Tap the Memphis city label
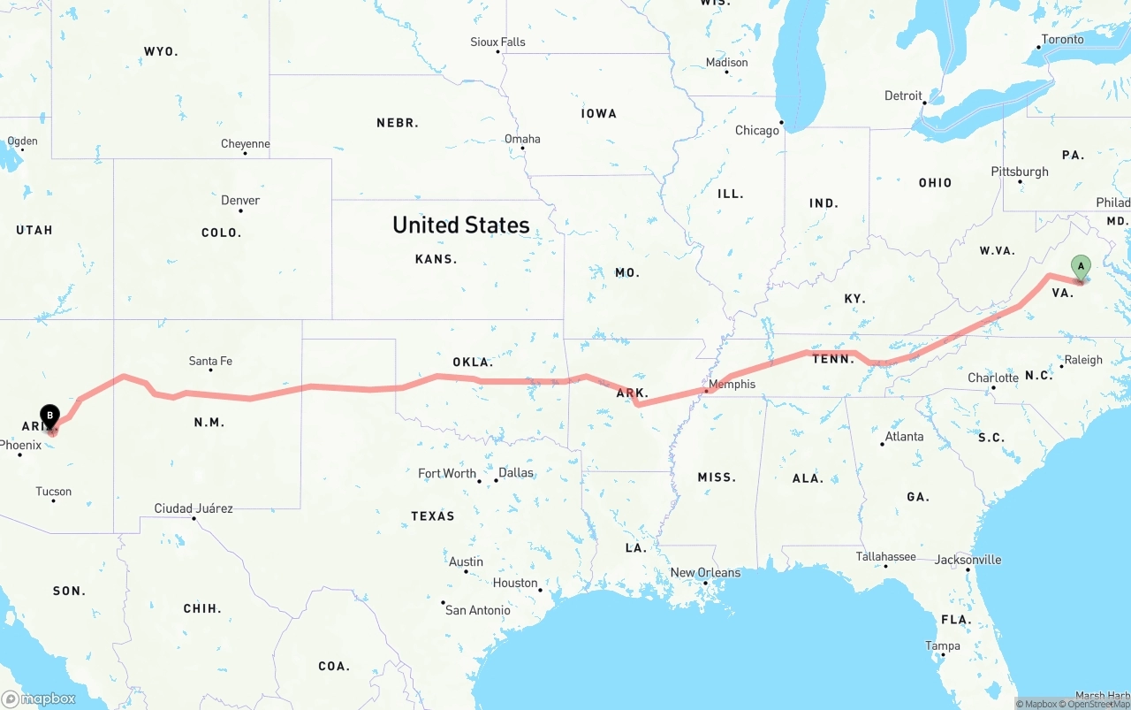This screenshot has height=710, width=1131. click(732, 384)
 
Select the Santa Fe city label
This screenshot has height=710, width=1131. click(210, 361)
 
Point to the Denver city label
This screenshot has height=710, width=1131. click(240, 200)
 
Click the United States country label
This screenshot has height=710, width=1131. click(461, 225)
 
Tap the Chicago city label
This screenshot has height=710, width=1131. click(757, 130)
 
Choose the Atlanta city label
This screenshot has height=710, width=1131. click(904, 436)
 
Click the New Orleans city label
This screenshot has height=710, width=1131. click(707, 572)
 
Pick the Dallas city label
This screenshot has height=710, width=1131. click(516, 472)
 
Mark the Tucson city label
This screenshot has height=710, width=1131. click(54, 492)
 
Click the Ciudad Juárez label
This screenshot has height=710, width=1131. click(194, 508)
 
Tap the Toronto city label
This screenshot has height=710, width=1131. click(1062, 39)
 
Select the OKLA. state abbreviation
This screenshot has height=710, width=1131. click(473, 362)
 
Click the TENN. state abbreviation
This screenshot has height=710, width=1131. click(833, 358)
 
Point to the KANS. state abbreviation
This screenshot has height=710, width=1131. click(436, 259)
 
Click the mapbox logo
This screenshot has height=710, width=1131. click(39, 699)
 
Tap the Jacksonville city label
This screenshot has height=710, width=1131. click(968, 559)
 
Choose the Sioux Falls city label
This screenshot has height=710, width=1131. click(497, 42)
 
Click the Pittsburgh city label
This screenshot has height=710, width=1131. click(1020, 172)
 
